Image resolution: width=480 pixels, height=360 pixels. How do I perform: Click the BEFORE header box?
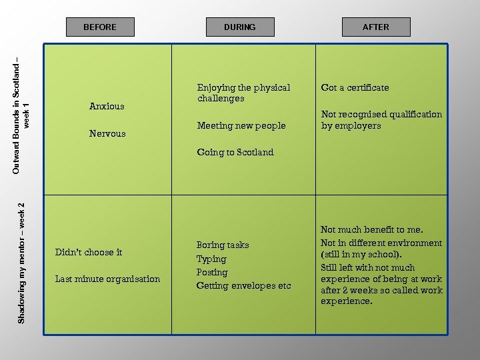point(100,27)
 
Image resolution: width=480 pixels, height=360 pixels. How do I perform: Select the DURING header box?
point(239,27)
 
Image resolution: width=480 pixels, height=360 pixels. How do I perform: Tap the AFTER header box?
point(375,27)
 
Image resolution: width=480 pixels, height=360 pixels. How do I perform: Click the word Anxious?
point(107,106)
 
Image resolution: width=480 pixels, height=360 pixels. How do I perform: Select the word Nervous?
point(107,133)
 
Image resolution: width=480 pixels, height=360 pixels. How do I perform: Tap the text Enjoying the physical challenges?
point(243,93)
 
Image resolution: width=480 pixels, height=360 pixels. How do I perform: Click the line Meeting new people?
point(241,125)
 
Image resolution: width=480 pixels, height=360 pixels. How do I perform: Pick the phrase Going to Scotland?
point(235,152)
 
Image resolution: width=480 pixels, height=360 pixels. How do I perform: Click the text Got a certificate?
point(355,87)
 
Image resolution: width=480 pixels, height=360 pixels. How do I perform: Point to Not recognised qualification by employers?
point(381,119)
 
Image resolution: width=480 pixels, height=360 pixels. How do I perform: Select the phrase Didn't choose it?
point(89,252)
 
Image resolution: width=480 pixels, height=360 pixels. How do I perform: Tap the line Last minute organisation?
point(107,279)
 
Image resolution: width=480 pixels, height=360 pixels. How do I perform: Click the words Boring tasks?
point(223,245)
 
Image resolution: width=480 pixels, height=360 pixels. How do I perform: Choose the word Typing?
point(211,259)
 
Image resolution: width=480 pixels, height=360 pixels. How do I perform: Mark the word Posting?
point(212,272)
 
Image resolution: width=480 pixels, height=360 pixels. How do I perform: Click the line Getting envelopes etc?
point(243,285)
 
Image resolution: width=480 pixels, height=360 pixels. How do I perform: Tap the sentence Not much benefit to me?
point(372,229)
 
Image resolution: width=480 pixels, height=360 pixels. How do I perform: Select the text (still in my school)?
point(361,255)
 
